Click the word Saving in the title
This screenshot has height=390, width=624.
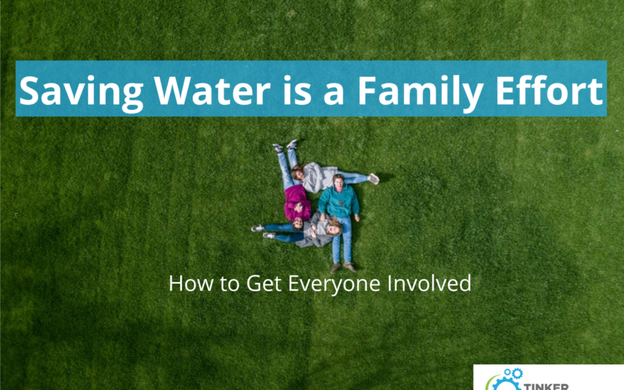81,92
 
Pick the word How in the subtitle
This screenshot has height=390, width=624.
191,283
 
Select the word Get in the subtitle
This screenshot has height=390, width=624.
264,283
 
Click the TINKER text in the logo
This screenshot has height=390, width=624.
546,387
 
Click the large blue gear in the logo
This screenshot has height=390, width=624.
506,385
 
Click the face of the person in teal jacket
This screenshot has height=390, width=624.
339,184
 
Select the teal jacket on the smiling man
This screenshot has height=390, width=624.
339,202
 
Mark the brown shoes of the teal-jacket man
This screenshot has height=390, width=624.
342,267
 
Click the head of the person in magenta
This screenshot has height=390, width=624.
298,224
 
